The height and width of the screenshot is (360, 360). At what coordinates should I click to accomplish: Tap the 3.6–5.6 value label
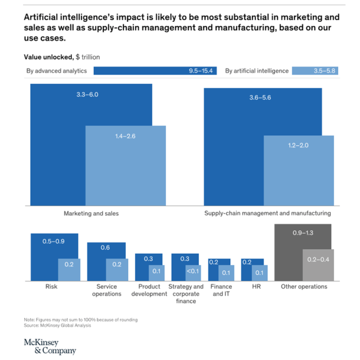click(260, 98)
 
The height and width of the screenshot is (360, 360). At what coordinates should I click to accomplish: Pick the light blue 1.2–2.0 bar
click(298, 171)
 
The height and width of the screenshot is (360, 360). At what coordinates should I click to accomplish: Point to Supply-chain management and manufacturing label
click(268, 213)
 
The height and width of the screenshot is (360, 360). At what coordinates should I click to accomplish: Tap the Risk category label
click(51, 286)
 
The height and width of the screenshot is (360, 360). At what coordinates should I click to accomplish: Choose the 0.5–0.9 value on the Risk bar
click(53, 241)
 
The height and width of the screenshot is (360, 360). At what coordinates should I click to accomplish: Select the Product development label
click(149, 290)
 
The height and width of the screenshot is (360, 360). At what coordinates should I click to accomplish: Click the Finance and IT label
click(221, 290)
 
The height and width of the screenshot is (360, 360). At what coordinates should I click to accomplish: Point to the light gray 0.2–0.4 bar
click(318, 265)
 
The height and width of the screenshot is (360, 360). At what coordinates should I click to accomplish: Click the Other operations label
click(304, 286)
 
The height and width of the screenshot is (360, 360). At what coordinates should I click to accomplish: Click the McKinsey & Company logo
click(49, 346)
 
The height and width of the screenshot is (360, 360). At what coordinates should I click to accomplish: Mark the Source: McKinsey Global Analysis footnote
click(57, 325)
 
